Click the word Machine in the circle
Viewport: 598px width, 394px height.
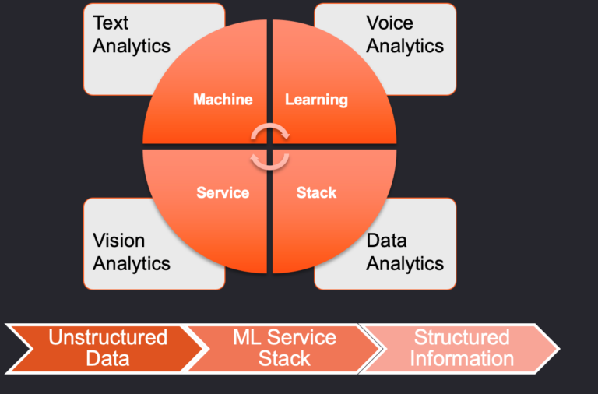click(223, 100)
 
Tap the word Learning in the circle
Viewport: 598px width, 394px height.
click(317, 100)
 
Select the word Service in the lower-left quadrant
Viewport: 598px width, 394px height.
click(223, 192)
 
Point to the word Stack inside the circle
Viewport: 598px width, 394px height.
click(317, 192)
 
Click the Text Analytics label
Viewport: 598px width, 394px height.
click(131, 34)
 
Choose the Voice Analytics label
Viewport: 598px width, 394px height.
click(405, 34)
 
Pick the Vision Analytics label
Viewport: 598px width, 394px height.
click(131, 252)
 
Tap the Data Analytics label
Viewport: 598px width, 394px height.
click(405, 252)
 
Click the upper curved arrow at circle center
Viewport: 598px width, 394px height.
click(270, 125)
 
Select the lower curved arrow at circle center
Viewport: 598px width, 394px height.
click(270, 167)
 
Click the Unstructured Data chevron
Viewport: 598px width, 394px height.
click(107, 349)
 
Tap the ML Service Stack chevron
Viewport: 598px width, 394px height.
click(284, 349)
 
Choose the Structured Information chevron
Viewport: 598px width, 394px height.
click(459, 349)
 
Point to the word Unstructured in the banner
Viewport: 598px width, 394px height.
click(108, 338)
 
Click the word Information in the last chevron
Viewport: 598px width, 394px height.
click(462, 359)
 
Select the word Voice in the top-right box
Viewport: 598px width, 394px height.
click(390, 23)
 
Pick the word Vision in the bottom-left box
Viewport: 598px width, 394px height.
click(118, 241)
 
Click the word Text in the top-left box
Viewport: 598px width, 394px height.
click(111, 23)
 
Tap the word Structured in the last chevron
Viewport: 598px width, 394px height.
click(462, 338)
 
